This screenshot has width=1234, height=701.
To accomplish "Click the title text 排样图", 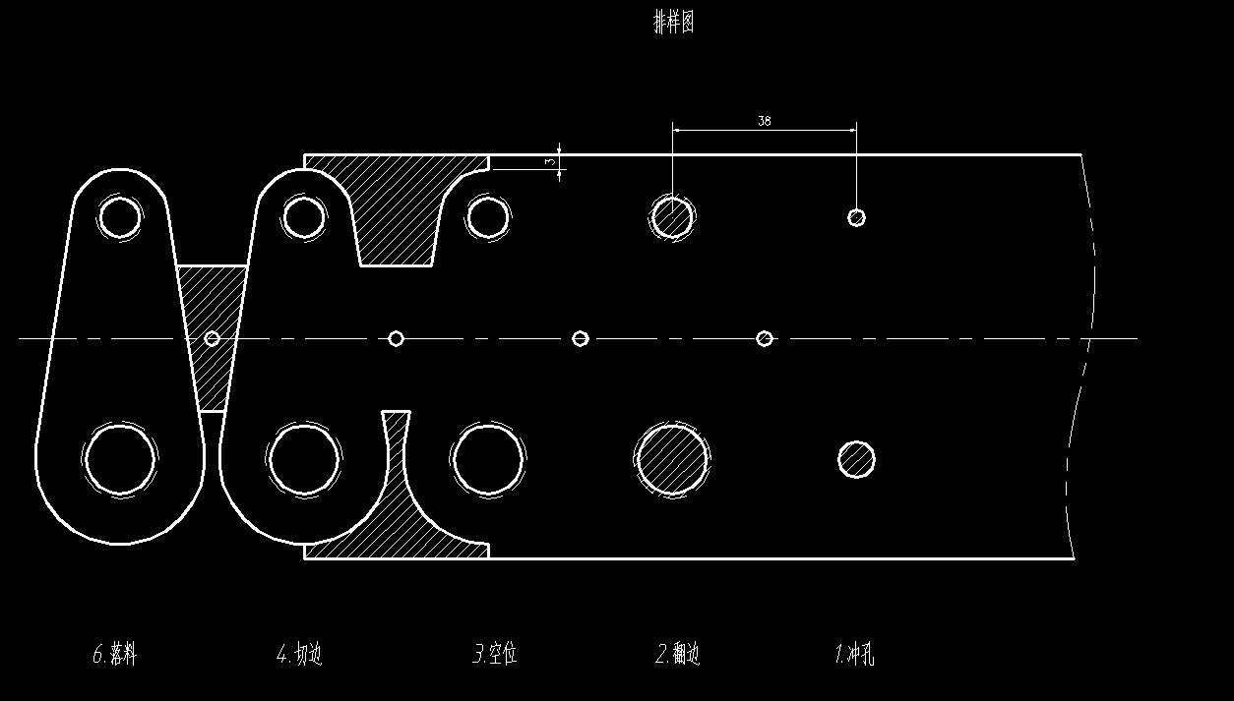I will (x=674, y=23).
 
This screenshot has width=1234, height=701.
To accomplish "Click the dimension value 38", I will (x=765, y=121).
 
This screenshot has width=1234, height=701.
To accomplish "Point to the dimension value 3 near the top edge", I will (x=550, y=161).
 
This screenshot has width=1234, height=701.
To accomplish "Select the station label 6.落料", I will (x=115, y=654).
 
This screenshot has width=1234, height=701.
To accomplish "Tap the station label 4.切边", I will (x=299, y=654).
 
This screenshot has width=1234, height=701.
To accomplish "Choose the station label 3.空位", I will (x=495, y=654).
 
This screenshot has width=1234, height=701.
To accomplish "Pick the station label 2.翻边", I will (x=678, y=654).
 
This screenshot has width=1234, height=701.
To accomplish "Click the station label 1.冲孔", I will (x=854, y=654).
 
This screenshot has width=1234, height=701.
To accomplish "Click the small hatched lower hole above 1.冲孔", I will (x=856, y=459).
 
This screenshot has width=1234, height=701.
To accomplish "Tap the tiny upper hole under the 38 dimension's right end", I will (x=856, y=217).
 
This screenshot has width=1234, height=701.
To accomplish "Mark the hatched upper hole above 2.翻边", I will (x=672, y=216).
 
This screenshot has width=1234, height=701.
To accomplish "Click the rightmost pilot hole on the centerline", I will (x=765, y=338).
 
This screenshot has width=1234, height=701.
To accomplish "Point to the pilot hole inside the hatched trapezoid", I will (x=212, y=338).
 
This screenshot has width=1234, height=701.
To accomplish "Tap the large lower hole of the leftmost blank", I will (x=120, y=459).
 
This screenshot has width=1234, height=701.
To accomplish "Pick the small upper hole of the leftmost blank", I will (x=119, y=216).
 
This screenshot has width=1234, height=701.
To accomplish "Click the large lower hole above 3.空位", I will (x=487, y=459).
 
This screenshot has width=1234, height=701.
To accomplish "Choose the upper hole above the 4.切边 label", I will (x=303, y=216).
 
